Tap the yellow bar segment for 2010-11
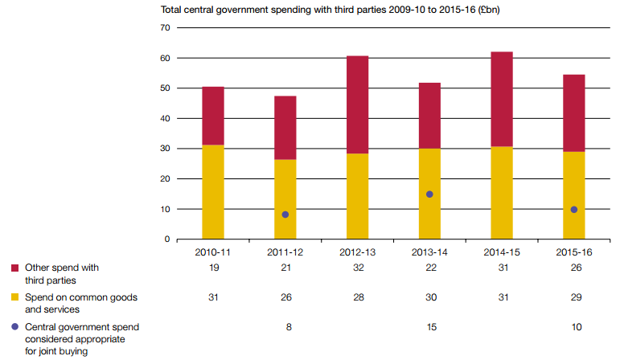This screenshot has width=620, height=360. pyautogui.click(x=213, y=192)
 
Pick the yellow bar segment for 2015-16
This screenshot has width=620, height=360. pyautogui.click(x=573, y=195)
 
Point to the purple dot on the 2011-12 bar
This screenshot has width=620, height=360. pyautogui.click(x=285, y=215)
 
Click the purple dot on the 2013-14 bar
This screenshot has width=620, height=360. pyautogui.click(x=429, y=194)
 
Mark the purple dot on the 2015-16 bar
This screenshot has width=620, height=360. pyautogui.click(x=573, y=210)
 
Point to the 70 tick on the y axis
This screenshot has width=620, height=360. pyautogui.click(x=165, y=27)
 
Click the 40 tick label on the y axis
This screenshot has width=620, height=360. pyautogui.click(x=165, y=118)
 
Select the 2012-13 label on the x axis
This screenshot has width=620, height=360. pyautogui.click(x=357, y=252)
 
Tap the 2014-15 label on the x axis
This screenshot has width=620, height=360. pyautogui.click(x=501, y=252)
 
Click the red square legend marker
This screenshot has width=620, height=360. pyautogui.click(x=15, y=268)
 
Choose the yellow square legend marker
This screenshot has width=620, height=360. pyautogui.click(x=15, y=298)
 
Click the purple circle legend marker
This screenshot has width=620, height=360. pyautogui.click(x=15, y=328)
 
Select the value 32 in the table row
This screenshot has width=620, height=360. pyautogui.click(x=357, y=268)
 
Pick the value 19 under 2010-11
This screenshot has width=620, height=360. pyautogui.click(x=213, y=268)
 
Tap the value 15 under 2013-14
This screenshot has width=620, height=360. pyautogui.click(x=429, y=327)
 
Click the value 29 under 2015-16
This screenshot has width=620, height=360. pyautogui.click(x=573, y=297)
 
